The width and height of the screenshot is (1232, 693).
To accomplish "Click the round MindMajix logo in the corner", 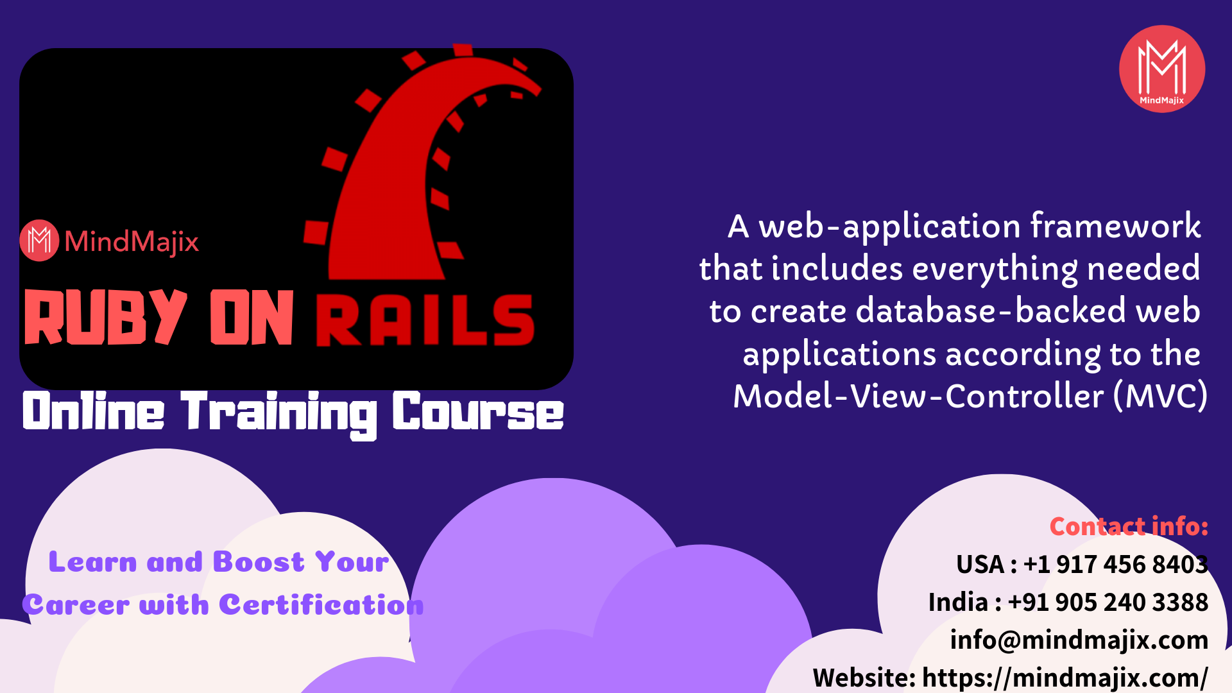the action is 1162,69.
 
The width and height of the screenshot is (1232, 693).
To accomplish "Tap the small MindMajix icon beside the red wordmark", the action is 39,241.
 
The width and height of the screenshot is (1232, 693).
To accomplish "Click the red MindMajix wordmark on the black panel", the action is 132,242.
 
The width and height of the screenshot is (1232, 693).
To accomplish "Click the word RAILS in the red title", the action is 425,320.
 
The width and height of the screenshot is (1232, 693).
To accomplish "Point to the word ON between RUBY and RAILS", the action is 252,317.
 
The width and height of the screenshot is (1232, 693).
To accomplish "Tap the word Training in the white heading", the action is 279,414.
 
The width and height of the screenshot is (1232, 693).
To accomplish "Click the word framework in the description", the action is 1116,226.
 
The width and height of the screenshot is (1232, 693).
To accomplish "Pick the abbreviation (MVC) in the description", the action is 1161,396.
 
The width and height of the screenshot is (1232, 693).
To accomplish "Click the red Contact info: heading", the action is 1129,526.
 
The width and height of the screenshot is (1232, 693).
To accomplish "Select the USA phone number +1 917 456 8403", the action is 1116,564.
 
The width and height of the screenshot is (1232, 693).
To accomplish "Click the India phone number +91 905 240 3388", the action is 1108,602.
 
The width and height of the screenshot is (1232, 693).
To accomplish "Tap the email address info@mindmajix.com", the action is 1079,640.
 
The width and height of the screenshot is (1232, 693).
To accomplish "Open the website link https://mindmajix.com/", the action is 1065,678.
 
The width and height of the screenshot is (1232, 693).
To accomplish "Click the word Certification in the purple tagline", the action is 321,604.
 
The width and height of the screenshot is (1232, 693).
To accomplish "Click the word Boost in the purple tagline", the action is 259,562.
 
